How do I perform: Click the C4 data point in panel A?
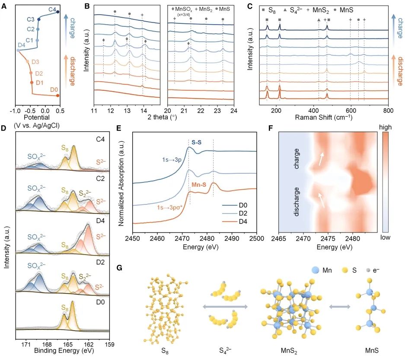(58, 13)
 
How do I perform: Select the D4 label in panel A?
(21, 45)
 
